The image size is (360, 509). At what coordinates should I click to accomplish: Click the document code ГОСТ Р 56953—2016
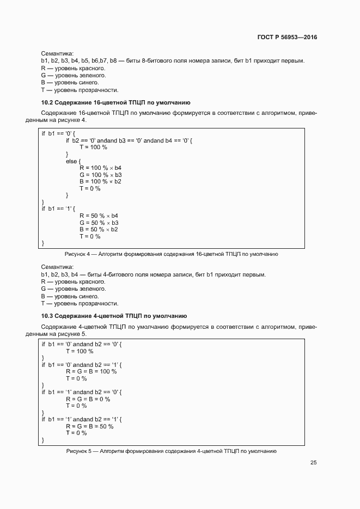point(287,37)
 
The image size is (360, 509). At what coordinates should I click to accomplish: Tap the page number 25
point(314,463)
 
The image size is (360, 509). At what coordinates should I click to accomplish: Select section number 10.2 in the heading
point(47,102)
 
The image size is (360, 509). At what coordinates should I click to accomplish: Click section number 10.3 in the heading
point(47,316)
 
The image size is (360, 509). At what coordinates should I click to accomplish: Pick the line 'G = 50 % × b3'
point(99,223)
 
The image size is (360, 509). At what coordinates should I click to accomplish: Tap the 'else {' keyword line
point(73,161)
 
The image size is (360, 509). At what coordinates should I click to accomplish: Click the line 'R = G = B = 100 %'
point(91,371)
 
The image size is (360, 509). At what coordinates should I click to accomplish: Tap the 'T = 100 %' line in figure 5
point(80,351)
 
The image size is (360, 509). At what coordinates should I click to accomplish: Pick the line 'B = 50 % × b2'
point(99,229)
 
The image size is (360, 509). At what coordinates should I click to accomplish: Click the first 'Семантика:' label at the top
point(57,54)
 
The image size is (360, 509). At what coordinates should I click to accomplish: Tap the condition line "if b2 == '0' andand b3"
point(129,140)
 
